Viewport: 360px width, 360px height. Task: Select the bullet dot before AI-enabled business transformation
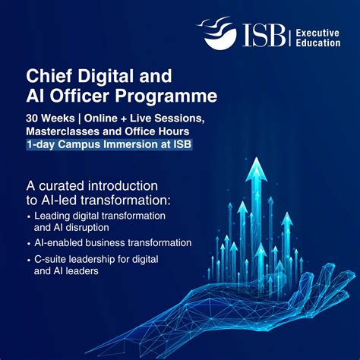pos(28,243)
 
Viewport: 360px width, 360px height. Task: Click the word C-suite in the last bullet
pos(52,260)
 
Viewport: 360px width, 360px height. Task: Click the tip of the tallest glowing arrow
pos(260,160)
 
